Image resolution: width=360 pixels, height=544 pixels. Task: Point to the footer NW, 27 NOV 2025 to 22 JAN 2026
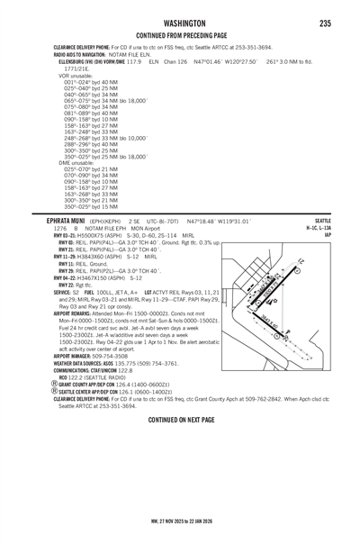180,520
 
